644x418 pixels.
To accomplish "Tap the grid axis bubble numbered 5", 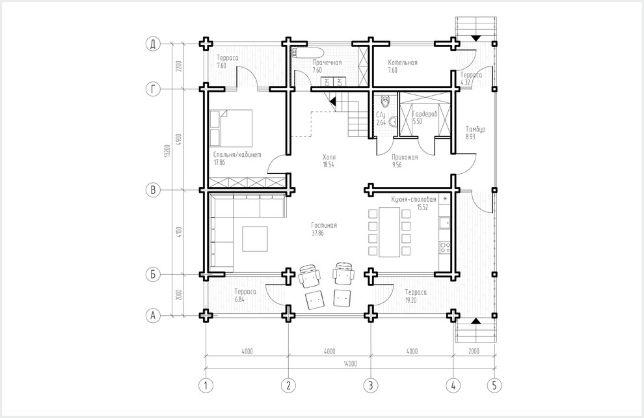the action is pos(494,385).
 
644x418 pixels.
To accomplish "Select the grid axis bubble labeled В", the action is pos(153,190).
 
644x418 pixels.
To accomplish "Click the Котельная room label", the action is pos(403,63).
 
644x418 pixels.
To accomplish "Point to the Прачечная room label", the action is pos(327,63).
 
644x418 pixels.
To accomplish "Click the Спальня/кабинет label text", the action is pos(237,155).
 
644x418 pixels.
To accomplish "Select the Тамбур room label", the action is pos(476,129).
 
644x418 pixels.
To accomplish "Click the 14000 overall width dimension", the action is pos(350,363).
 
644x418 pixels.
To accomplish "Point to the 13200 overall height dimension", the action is pos(167,151).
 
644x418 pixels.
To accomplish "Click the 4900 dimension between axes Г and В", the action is pos(178,140).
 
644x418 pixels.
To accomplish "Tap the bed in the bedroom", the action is pos(231,128).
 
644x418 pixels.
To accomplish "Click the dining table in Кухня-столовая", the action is pos(390,232).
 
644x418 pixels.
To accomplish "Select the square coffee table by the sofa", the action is pos(254,239).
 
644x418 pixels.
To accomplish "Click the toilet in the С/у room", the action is pos(385,100).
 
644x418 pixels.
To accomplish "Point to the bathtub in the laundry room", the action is pos(308,53).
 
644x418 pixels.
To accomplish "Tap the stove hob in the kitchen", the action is pos(445,247).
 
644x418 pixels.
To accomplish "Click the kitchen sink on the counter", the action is pos(445,223).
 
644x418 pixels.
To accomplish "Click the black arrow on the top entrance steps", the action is pos(476,38).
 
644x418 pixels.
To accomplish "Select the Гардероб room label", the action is pos(425,114).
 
